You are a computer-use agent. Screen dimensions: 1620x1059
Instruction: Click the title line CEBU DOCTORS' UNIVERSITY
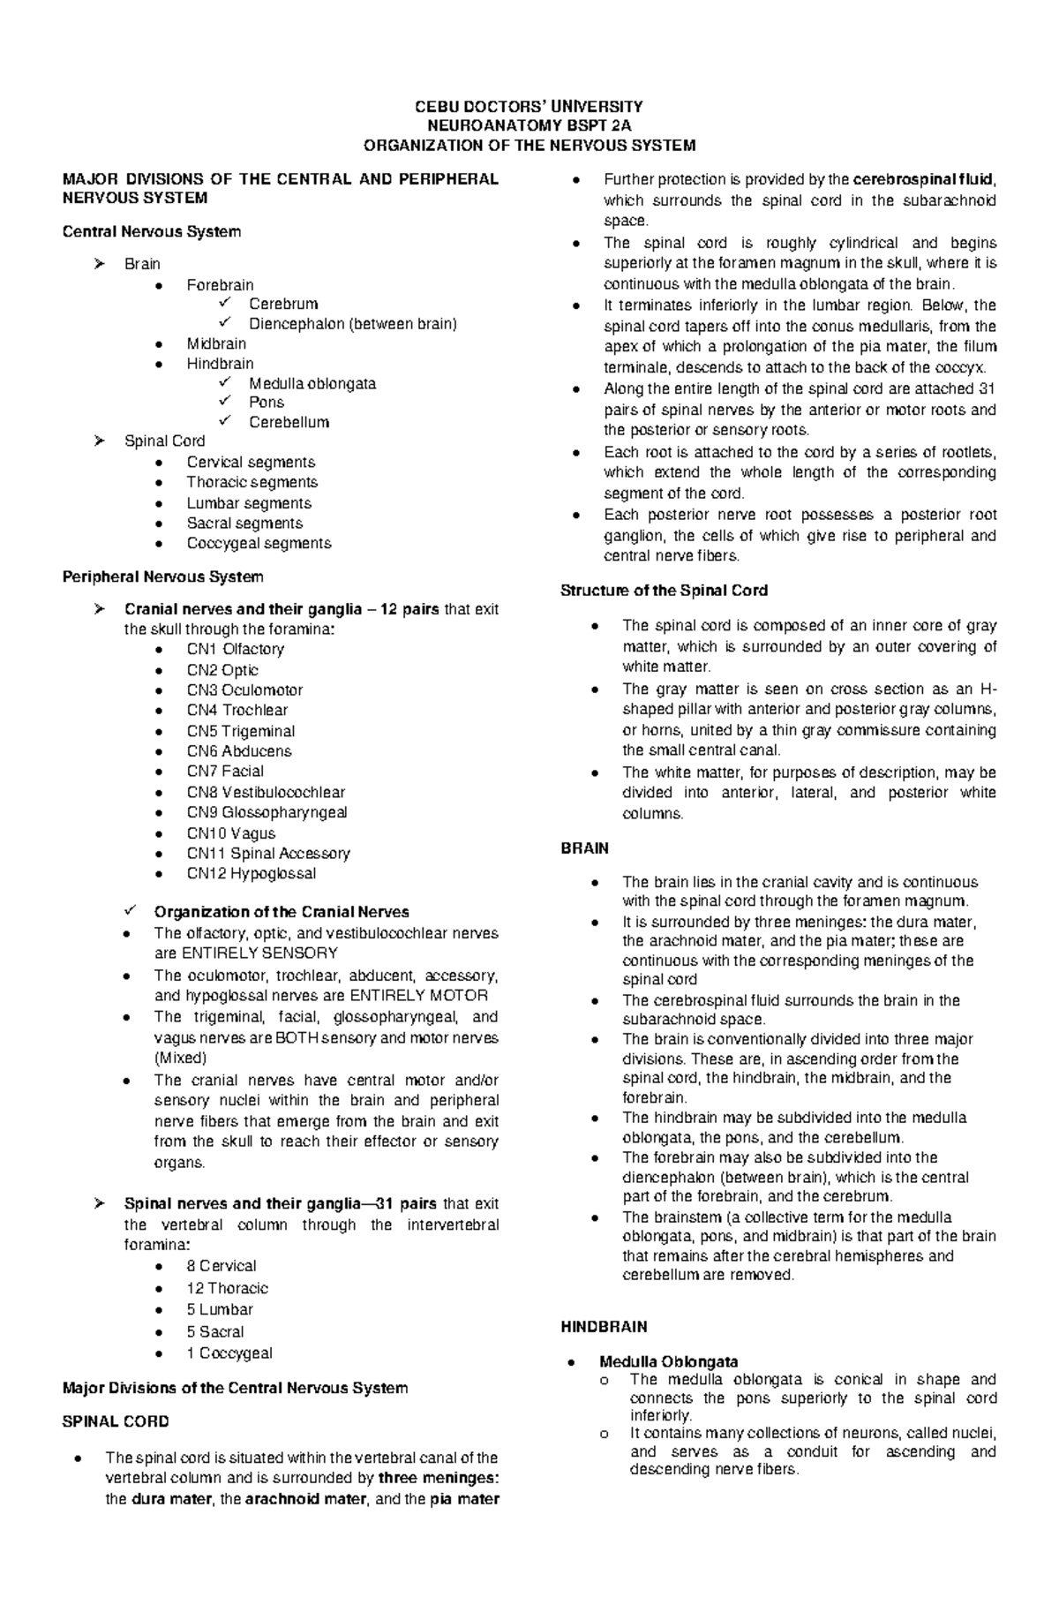[529, 106]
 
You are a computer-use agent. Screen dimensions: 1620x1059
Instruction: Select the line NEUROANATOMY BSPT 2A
[529, 125]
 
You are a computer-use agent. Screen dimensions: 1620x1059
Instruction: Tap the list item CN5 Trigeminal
[240, 731]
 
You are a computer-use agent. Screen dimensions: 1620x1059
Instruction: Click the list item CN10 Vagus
[230, 833]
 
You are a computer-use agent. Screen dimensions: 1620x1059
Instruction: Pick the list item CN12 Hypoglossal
[251, 873]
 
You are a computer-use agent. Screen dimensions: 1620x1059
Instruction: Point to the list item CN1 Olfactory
[235, 649]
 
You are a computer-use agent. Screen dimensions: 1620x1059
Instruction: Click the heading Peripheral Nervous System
[162, 576]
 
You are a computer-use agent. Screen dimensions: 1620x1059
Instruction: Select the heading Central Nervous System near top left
[151, 231]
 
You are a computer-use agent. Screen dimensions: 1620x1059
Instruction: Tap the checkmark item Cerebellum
[289, 422]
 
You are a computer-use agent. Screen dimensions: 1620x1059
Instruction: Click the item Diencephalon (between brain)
[352, 323]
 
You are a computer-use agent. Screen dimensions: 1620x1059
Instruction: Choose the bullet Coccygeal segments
[259, 543]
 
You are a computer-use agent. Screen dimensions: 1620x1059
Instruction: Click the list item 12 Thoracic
[227, 1288]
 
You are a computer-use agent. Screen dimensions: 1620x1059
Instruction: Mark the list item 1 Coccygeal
[229, 1353]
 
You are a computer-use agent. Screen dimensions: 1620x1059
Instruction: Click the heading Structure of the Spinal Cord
[664, 590]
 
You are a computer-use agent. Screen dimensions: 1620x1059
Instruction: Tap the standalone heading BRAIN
[584, 848]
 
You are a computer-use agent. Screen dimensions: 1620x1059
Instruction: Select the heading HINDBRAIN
[604, 1326]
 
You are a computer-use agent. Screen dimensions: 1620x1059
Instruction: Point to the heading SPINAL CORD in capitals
[115, 1421]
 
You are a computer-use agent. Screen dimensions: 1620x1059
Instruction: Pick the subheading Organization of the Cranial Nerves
[281, 912]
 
